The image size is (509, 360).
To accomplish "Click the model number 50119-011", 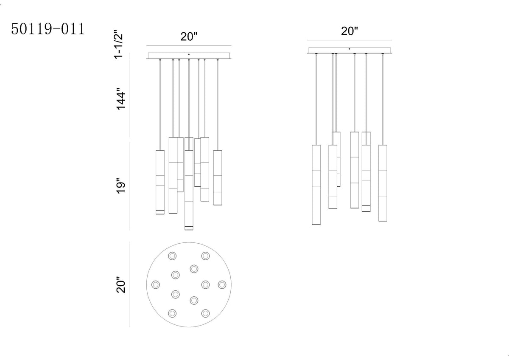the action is (48, 29).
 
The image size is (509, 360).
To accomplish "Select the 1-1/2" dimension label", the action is (119, 44).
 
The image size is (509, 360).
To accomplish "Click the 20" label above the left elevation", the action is (189, 37).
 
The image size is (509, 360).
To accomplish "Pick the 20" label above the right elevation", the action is (350, 31).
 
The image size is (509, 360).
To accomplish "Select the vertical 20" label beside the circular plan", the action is (120, 285).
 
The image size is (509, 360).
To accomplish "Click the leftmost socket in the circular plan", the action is (156, 284).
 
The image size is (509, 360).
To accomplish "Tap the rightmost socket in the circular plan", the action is (222, 284).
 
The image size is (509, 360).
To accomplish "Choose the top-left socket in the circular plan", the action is (172, 256).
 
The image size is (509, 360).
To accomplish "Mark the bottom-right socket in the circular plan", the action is (205, 313).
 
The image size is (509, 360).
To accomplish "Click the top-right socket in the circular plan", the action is (205, 256).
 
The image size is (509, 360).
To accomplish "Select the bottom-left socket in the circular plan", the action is (172, 313).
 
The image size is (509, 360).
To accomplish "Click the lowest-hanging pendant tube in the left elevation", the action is (189, 190).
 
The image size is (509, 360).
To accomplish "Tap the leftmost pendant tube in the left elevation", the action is (160, 182).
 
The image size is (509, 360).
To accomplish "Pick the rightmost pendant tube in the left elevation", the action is (218, 177).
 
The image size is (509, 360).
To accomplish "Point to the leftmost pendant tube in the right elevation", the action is (316, 185).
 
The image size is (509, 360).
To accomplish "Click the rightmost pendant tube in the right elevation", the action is (383, 183).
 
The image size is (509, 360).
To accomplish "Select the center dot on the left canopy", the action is (189, 54).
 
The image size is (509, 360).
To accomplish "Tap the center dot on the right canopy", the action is (349, 49).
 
